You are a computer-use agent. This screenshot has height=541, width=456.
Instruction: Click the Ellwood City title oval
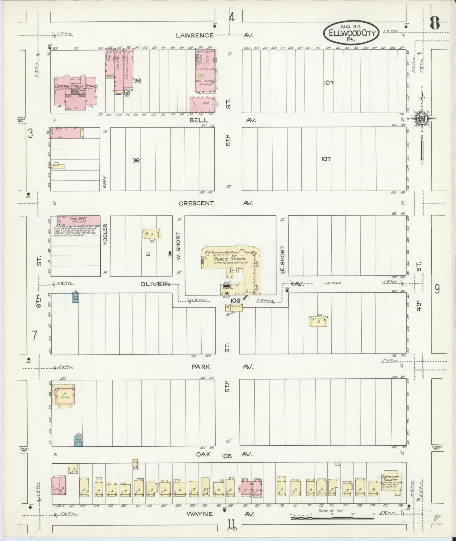[x=351, y=32]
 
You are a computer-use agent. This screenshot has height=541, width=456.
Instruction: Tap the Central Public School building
[x=76, y=93]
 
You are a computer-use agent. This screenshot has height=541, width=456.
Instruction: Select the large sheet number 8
[x=435, y=24]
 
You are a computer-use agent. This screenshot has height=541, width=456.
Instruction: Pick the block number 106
[x=235, y=300]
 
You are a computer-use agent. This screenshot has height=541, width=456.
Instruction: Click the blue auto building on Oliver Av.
[x=75, y=298]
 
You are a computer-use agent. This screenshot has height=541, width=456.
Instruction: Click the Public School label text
[x=225, y=259]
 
